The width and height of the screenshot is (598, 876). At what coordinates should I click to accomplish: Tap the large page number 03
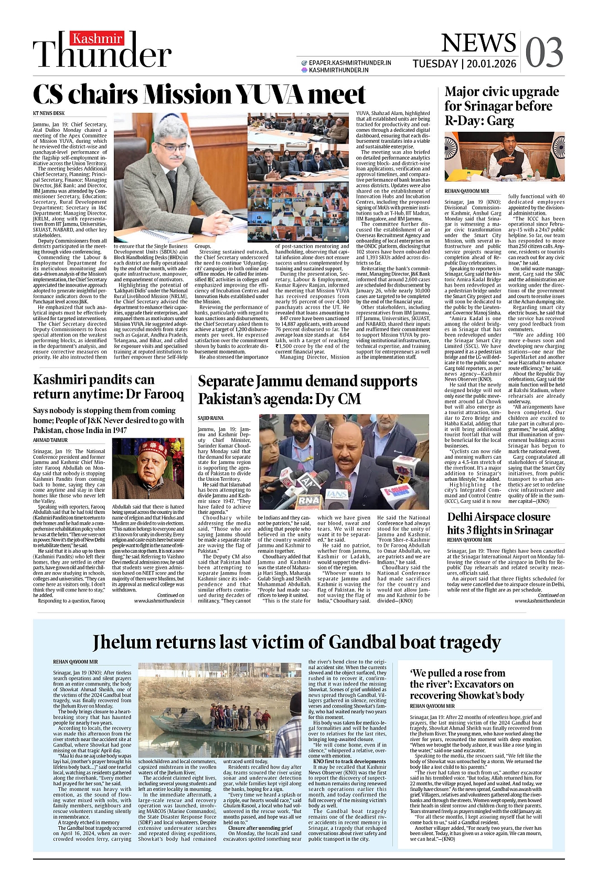tap(544, 52)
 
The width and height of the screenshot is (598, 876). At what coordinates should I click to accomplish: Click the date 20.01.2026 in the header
tap(491, 64)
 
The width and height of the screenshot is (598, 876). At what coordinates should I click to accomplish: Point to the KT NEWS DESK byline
tap(49, 113)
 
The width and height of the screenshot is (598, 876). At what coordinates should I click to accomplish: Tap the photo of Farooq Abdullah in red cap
tap(148, 469)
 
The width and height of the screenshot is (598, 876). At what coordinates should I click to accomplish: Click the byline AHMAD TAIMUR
tap(51, 440)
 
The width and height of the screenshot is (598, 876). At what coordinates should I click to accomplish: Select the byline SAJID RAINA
tap(210, 418)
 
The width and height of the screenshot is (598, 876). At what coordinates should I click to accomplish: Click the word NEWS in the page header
tap(471, 44)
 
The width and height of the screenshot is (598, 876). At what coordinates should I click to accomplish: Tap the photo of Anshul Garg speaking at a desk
tap(505, 156)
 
